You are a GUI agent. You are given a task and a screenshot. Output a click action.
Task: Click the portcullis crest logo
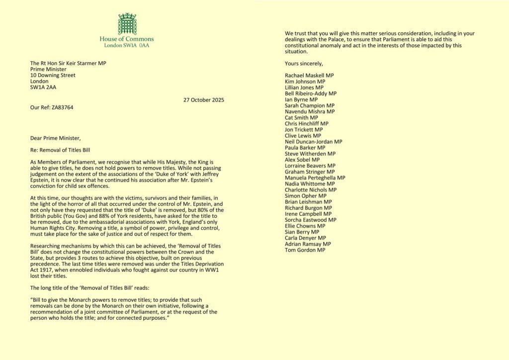[127, 23]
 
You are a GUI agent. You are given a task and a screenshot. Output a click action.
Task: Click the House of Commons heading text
[127, 39]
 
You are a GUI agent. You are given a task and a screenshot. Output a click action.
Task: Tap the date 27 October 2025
[203, 99]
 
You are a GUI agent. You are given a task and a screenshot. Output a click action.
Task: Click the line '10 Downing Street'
[53, 75]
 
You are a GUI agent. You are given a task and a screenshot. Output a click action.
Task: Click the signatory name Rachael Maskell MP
[309, 75]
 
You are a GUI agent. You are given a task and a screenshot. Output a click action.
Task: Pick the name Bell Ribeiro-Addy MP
[311, 93]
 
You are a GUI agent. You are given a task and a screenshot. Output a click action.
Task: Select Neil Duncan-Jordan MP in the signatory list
[313, 142]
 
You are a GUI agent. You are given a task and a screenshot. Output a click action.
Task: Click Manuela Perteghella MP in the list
[315, 178]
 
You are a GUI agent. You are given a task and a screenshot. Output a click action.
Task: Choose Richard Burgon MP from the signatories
[309, 208]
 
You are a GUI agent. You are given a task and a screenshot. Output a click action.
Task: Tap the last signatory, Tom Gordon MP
[305, 250]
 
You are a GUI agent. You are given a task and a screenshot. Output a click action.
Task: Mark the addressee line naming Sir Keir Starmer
[68, 63]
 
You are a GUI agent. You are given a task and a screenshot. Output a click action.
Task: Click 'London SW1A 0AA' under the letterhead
[127, 45]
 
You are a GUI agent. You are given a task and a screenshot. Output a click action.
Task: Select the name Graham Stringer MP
[310, 172]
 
